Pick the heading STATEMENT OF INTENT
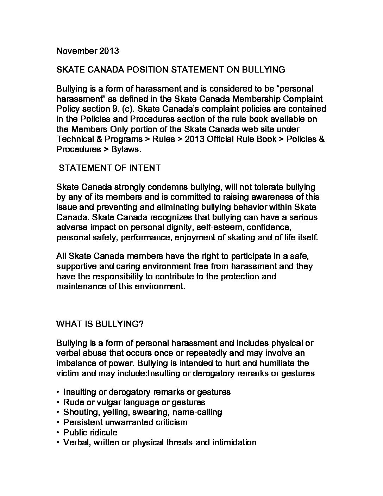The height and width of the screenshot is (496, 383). (x=109, y=168)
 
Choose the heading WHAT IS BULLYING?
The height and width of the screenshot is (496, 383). (x=100, y=324)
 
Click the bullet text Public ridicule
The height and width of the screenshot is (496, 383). (x=90, y=433)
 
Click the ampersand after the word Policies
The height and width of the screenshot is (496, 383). (x=321, y=139)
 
